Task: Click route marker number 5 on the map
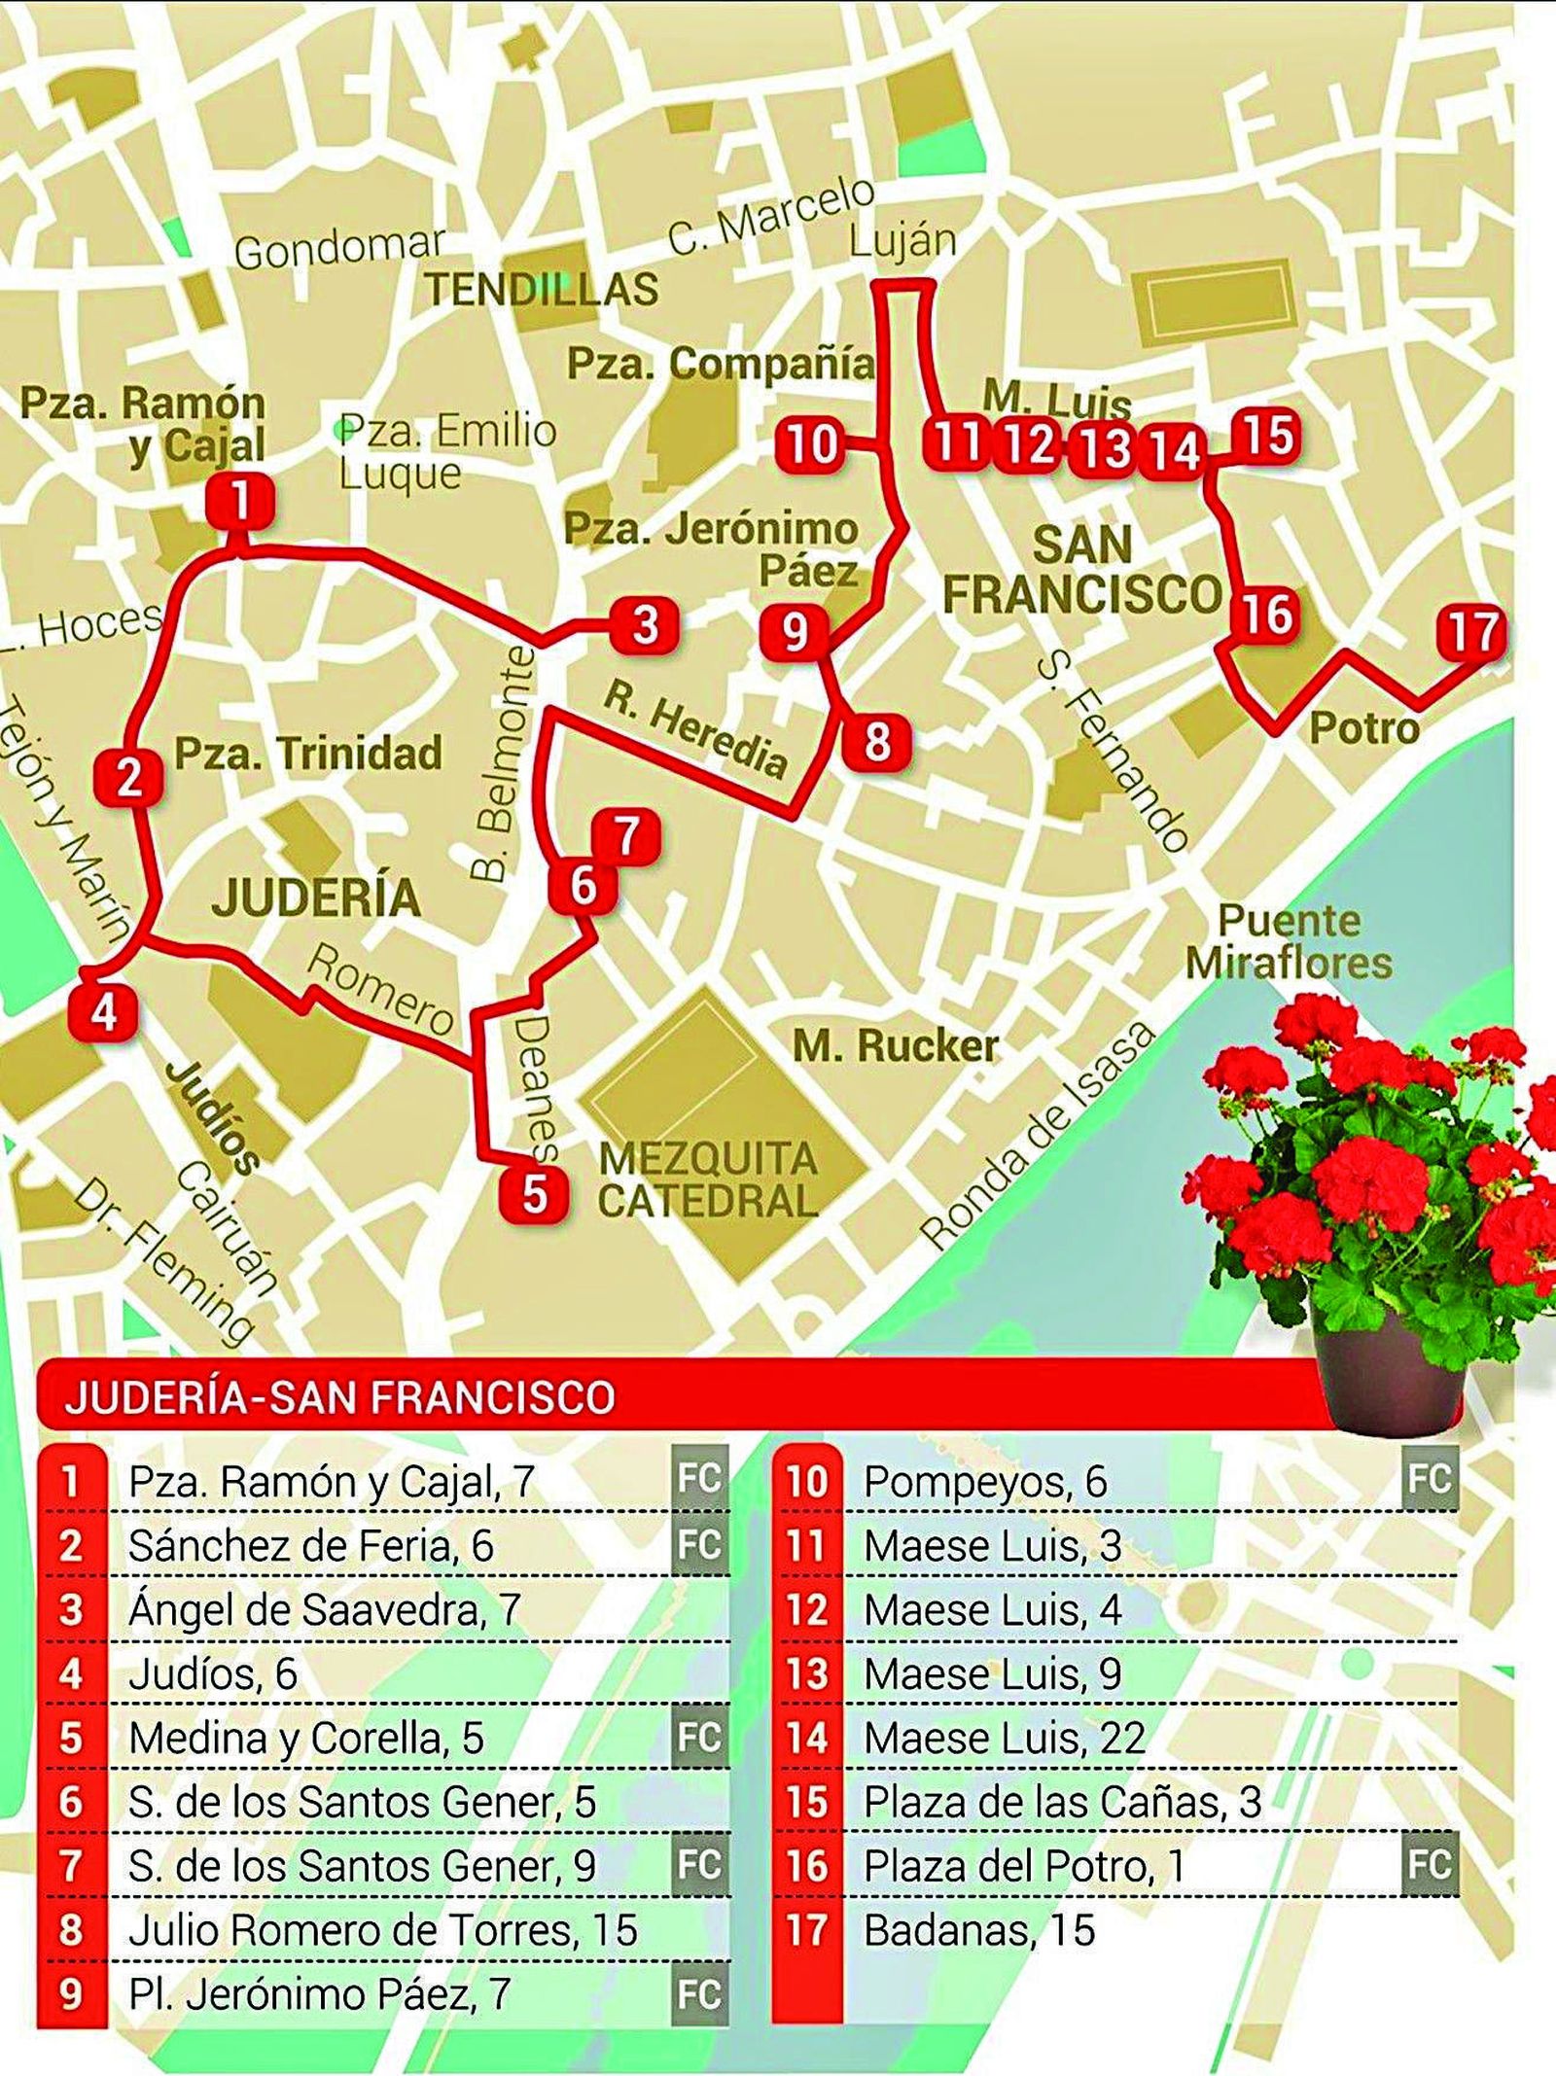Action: (534, 1194)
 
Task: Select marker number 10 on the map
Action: (810, 445)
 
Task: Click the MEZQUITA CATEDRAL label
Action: (708, 1179)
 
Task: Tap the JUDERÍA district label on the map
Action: (316, 897)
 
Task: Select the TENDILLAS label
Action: (543, 289)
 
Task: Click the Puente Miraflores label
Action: (1289, 941)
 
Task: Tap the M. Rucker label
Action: (896, 1046)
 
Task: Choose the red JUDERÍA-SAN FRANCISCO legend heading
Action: (340, 1397)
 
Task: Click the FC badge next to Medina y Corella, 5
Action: (699, 1738)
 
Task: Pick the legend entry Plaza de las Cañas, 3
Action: (1062, 1802)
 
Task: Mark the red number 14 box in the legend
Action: (806, 1738)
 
